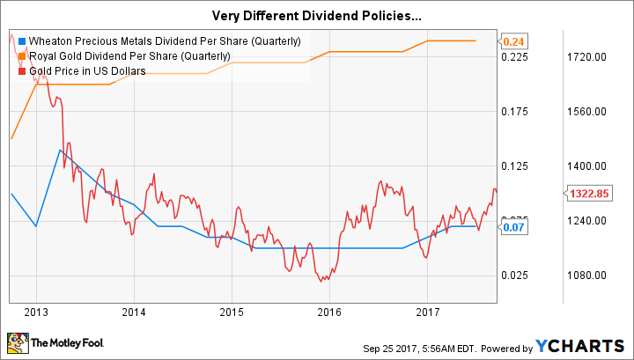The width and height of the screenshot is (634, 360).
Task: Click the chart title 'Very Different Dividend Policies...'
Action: [x=317, y=15]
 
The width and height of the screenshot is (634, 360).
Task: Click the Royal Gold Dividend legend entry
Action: [x=130, y=56]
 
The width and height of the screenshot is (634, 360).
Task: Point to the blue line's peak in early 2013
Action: [x=59, y=151]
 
